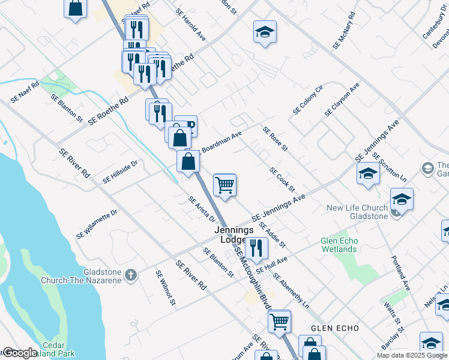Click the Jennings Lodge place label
pos(236,235)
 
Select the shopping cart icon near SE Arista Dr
pos(224,185)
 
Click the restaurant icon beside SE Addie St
pos(256,247)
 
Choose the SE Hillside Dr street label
pos(120,171)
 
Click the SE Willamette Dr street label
pos(97,225)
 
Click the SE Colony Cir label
pos(308,100)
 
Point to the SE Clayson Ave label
pos(342,100)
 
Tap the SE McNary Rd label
pos(345,31)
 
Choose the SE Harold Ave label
pos(191,25)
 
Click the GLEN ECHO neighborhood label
pos(335,328)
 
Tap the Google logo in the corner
pos(20,353)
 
